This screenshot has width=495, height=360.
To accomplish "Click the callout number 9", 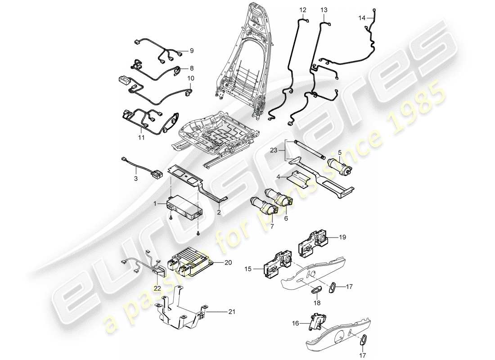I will point(191,50).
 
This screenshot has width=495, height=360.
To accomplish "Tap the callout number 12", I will point(302,9).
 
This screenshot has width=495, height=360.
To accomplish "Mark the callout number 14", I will point(362,18).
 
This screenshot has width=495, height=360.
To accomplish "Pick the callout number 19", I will point(342,236).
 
